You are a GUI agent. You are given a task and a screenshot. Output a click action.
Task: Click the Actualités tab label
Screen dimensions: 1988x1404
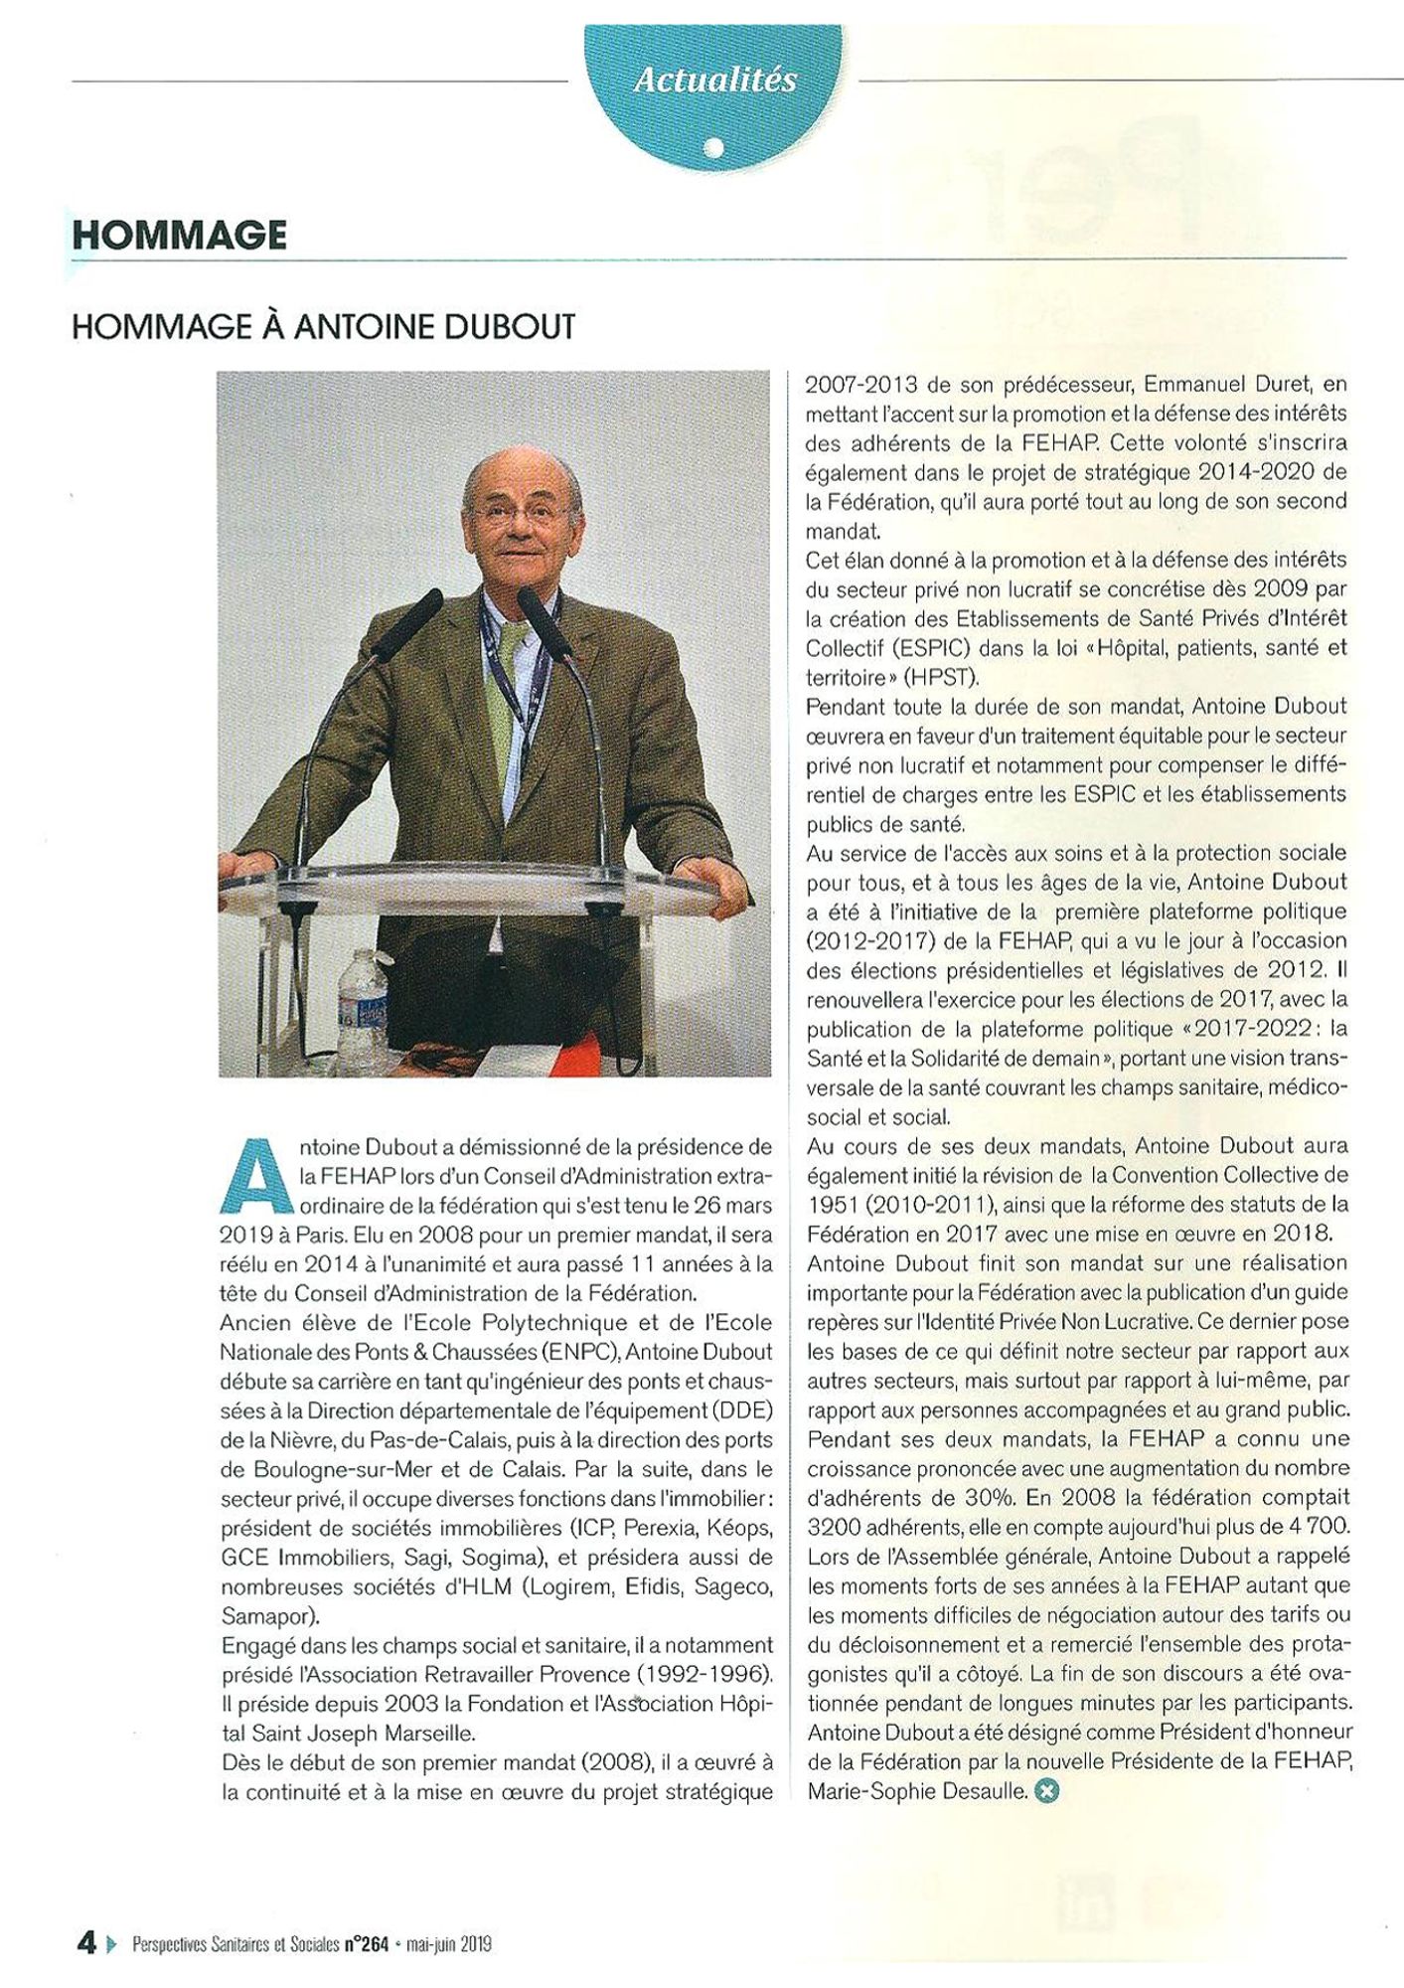[x=714, y=80]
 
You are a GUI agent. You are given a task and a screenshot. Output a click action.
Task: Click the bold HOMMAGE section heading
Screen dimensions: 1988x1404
[x=180, y=236]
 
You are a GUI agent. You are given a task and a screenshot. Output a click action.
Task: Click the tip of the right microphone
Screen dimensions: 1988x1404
[x=526, y=599]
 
